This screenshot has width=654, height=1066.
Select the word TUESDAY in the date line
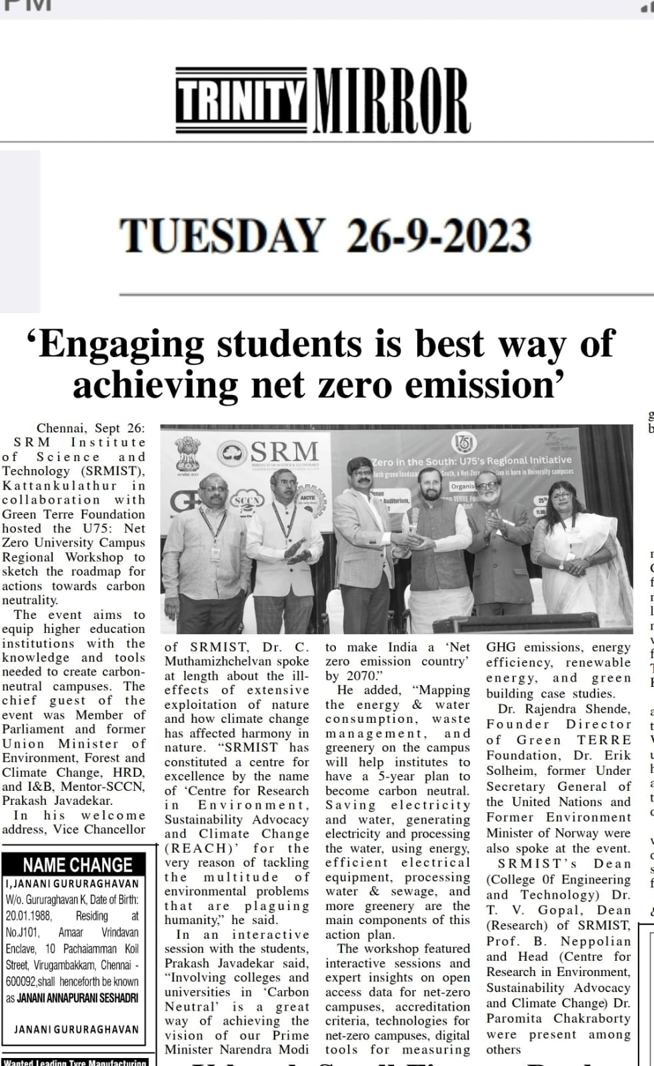point(221,236)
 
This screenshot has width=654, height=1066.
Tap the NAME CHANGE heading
point(78,865)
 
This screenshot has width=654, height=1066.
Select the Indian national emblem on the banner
point(186,454)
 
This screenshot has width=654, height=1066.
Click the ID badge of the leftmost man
point(217,553)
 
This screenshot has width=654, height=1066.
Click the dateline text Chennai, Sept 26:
point(90,428)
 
